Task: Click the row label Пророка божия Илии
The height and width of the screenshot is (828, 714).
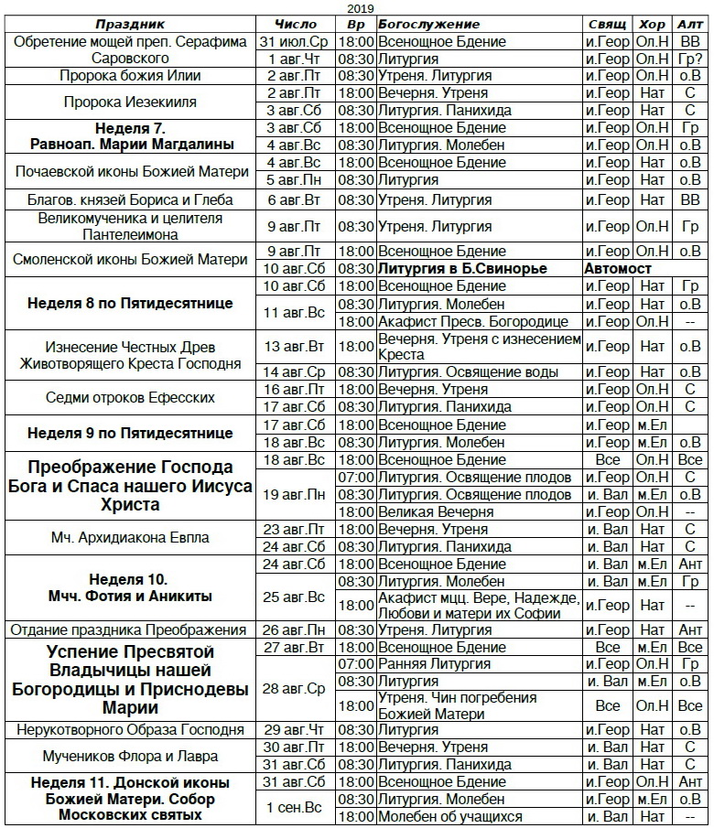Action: click(129, 76)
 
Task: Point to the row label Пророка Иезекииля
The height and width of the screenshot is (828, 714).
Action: click(129, 102)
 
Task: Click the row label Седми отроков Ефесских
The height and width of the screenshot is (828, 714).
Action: click(129, 398)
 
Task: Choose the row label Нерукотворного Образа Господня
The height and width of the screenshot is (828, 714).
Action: click(129, 730)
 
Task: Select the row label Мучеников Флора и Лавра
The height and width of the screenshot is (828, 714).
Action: click(129, 756)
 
